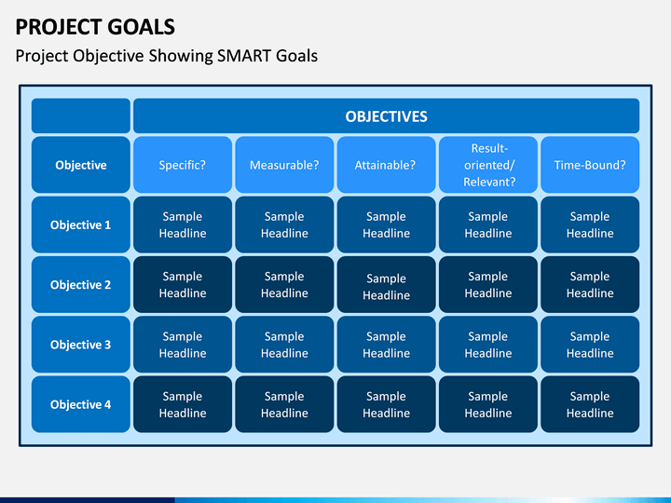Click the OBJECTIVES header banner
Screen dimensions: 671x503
387,116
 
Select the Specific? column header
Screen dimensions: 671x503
183,165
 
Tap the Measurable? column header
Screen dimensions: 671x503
284,165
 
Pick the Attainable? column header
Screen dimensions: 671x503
387,165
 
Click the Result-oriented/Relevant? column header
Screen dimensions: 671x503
488,165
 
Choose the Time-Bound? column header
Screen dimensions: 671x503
590,165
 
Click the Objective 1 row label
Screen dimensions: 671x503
81,224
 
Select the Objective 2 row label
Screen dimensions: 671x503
81,284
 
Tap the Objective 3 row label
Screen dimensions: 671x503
81,345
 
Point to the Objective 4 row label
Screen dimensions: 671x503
81,404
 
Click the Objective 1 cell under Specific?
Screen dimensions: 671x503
183,224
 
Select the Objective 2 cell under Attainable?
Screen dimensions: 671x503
387,284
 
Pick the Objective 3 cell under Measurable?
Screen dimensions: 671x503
284,345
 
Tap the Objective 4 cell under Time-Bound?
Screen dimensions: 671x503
590,404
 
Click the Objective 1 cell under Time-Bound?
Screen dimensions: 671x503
590,224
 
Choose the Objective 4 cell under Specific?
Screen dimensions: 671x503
183,404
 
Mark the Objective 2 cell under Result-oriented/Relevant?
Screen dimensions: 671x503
488,284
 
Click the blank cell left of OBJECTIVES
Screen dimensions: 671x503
81,116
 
